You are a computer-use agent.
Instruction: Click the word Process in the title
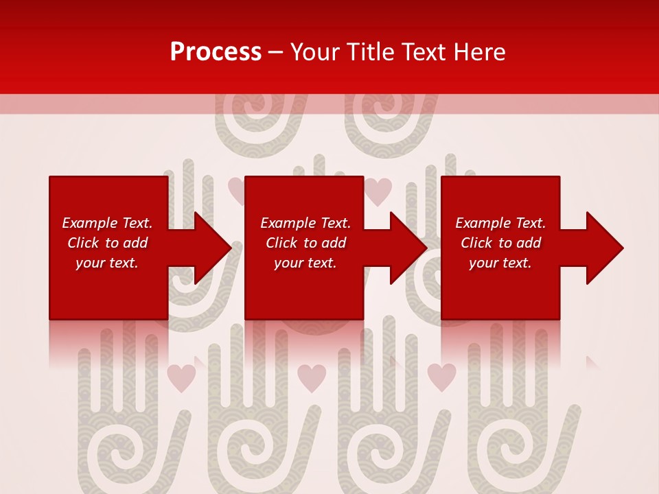tap(216, 52)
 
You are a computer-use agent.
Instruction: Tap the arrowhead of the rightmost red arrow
tap(605, 248)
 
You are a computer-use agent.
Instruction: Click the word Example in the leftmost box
tap(90, 223)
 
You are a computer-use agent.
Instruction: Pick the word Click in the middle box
tap(282, 243)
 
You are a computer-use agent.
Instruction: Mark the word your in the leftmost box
tap(90, 263)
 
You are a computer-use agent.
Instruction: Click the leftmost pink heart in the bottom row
tap(181, 377)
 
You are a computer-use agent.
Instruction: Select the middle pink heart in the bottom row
tap(312, 377)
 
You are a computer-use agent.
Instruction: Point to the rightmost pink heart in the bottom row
tap(441, 377)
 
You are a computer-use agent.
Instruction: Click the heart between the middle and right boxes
tap(378, 191)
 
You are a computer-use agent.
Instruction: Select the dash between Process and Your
tap(275, 53)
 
